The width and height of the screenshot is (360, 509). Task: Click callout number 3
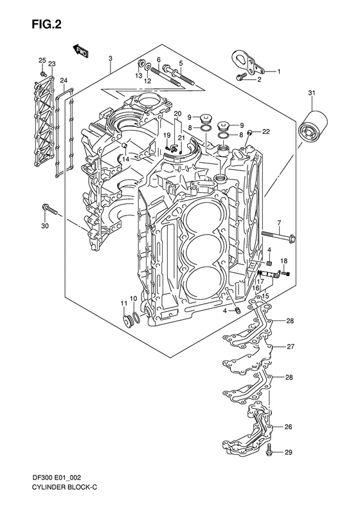tap(111, 59)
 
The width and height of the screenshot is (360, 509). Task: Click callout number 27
tap(290, 347)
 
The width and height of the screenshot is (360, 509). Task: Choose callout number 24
tap(63, 80)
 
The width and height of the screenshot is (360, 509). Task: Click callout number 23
tap(51, 63)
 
